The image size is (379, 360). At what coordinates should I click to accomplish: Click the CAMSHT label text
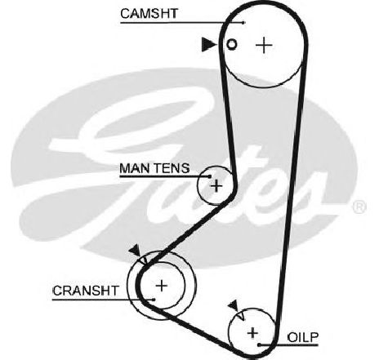coord(149,13)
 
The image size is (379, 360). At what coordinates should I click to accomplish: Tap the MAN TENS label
coord(154,168)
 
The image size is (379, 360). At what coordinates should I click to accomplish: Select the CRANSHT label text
coord(86,291)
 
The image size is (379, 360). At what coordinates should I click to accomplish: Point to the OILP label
coord(303,338)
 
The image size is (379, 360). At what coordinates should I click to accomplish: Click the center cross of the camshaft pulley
coord(264,45)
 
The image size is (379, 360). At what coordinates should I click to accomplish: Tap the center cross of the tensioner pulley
coord(216,186)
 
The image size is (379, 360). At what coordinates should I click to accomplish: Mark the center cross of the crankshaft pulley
coord(162,286)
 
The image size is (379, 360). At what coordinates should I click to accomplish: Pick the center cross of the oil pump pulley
coord(252,333)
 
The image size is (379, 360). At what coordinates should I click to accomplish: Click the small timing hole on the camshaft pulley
coord(232,44)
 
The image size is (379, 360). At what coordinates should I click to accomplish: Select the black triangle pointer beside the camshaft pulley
coord(208,44)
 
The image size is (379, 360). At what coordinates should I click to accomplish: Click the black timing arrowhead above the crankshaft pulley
coord(136,250)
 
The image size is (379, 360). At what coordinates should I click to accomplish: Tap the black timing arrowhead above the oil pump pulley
coord(234,305)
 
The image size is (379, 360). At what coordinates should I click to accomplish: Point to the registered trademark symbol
coord(359,207)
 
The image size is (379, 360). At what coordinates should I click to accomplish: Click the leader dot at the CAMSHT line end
coord(244,23)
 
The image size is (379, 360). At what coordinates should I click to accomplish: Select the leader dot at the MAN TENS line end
coord(209,176)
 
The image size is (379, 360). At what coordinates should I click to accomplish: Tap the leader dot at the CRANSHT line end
coord(154,300)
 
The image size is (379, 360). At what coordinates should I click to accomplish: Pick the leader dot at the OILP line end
coord(259,345)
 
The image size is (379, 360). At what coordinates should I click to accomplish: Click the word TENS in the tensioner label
coord(172,168)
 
